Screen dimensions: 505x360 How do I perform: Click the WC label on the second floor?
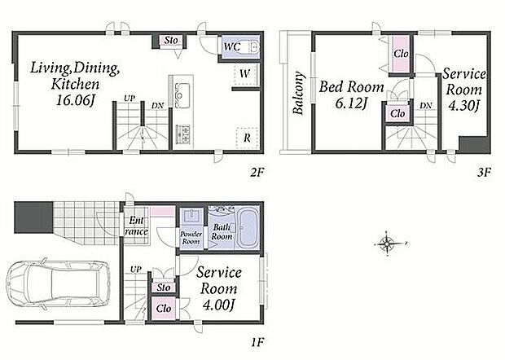[232, 46]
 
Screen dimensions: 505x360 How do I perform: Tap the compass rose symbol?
[388, 243]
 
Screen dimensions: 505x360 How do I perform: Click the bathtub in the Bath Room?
[248, 229]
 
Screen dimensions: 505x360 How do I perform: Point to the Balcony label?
[299, 93]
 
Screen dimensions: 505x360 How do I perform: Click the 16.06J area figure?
[75, 101]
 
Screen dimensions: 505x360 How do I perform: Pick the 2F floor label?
[257, 173]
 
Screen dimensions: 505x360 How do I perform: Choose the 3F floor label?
[484, 173]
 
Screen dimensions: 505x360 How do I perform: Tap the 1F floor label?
[257, 341]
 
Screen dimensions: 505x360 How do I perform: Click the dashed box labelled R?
[247, 138]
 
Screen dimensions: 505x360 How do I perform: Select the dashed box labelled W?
[245, 74]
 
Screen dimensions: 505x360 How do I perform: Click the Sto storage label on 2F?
[171, 40]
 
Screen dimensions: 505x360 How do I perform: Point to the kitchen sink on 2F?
[182, 95]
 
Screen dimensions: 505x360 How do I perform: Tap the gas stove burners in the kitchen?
[182, 134]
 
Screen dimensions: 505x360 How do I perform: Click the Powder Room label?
[191, 238]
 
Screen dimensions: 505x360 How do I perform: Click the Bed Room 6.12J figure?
[351, 103]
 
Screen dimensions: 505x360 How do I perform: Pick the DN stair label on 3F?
[426, 105]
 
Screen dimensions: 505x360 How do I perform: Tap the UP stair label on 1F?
[136, 269]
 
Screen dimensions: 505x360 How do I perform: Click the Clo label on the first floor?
[163, 309]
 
